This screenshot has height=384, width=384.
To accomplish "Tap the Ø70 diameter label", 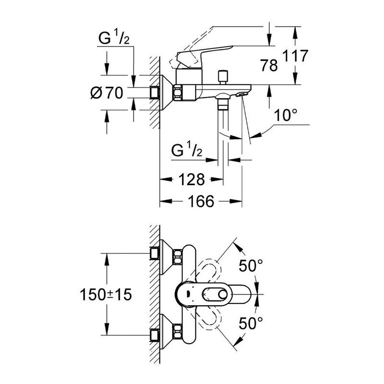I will [x=107, y=93].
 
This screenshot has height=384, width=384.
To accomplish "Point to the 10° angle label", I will [x=286, y=115].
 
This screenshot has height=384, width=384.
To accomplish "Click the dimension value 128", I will [x=192, y=180].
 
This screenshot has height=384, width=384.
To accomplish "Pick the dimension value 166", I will [x=200, y=202].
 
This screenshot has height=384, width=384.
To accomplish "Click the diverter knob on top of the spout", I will [x=222, y=76].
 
